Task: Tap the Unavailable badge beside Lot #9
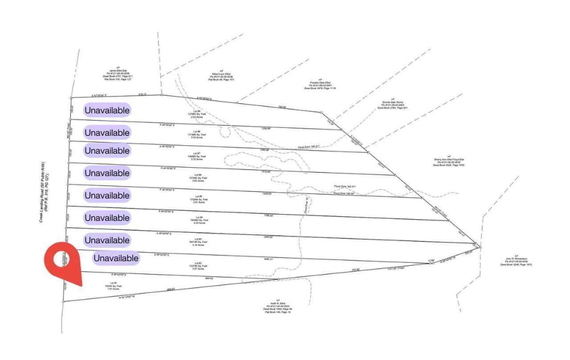pyautogui.click(x=107, y=110)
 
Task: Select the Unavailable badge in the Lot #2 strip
pyautogui.click(x=116, y=258)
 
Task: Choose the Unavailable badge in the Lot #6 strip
pyautogui.click(x=107, y=173)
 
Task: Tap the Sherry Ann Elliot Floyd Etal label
pyautogui.click(x=449, y=161)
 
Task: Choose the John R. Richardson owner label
pyautogui.click(x=516, y=262)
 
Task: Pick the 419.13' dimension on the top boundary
pyautogui.click(x=143, y=94)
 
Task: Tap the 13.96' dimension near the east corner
pyautogui.click(x=430, y=260)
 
